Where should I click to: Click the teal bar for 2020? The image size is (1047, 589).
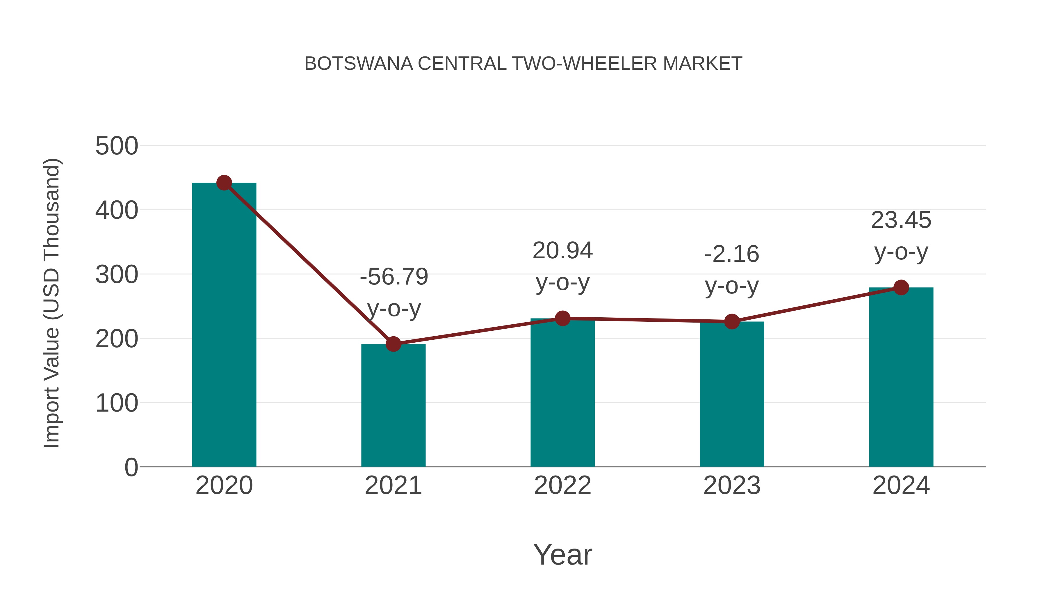pyautogui.click(x=224, y=325)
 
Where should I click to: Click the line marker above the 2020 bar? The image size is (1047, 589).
pyautogui.click(x=224, y=183)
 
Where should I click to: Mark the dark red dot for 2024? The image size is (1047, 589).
pyautogui.click(x=901, y=287)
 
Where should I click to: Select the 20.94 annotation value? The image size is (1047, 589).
pyautogui.click(x=562, y=250)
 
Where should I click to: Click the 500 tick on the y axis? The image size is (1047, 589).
pyautogui.click(x=117, y=146)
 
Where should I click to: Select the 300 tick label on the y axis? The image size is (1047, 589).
pyautogui.click(x=117, y=275)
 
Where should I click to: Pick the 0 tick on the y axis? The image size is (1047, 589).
pyautogui.click(x=131, y=467)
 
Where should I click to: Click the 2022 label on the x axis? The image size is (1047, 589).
pyautogui.click(x=562, y=485)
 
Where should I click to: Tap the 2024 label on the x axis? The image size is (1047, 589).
pyautogui.click(x=901, y=485)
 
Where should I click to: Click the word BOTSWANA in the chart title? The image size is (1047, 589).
pyautogui.click(x=359, y=64)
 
